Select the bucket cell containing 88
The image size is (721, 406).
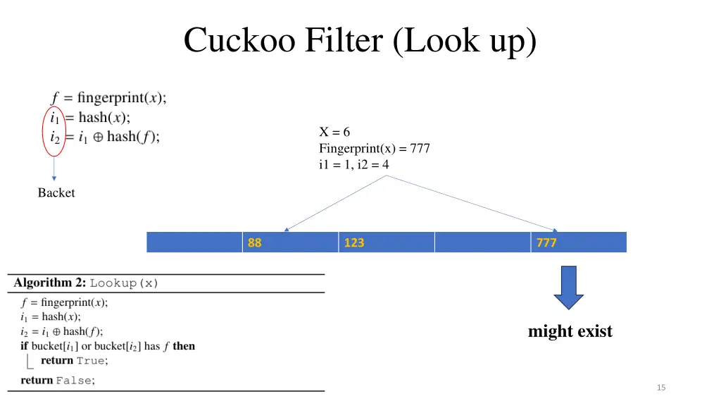[x=290, y=242]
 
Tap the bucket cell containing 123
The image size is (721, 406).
[x=386, y=242]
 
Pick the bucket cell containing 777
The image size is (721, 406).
[x=579, y=242]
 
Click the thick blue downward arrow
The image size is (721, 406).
[x=568, y=287]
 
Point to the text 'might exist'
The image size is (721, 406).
[x=570, y=331]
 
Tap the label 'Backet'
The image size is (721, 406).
[x=56, y=193]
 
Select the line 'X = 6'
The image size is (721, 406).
[x=334, y=133]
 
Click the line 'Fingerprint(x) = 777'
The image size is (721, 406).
[x=374, y=149]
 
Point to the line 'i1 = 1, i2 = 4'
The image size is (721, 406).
[x=353, y=165]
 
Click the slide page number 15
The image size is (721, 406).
[x=660, y=388]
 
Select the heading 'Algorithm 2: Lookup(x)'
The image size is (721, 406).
[x=87, y=283]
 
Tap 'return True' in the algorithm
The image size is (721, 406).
[x=74, y=361]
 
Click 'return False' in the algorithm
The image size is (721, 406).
[x=58, y=381]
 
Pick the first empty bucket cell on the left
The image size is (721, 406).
[x=194, y=242]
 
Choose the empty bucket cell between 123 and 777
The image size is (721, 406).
[x=482, y=242]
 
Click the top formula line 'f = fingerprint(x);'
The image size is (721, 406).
[x=108, y=98]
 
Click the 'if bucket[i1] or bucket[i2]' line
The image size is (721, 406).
[x=108, y=346]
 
